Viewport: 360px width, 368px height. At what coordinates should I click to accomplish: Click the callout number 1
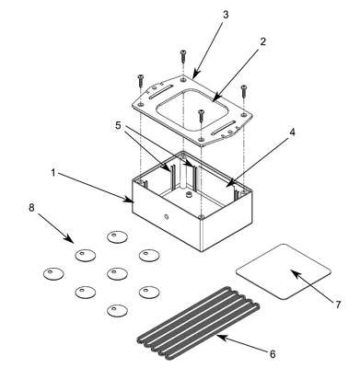[53, 173]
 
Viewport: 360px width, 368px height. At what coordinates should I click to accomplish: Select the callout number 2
[262, 41]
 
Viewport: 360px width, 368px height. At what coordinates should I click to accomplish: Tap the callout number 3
[226, 15]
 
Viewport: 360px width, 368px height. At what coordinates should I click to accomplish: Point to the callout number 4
[292, 132]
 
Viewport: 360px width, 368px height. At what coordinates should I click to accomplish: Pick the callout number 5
[120, 125]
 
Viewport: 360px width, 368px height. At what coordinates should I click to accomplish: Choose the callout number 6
[273, 354]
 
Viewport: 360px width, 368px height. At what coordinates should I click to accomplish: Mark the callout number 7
[338, 305]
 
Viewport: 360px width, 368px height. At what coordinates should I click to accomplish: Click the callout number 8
[31, 207]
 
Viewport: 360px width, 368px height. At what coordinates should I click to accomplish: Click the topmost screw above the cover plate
[183, 56]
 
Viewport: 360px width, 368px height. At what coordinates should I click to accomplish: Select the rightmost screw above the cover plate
[244, 91]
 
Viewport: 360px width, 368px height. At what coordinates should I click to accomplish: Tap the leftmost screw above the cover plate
[141, 80]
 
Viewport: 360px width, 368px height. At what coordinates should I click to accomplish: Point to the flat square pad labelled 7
[284, 271]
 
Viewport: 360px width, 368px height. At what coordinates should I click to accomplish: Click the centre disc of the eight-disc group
[118, 273]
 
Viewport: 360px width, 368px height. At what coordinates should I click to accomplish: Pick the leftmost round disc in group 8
[54, 273]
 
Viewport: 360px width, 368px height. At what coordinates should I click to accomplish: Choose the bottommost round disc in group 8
[118, 310]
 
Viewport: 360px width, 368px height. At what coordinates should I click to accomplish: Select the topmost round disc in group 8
[118, 236]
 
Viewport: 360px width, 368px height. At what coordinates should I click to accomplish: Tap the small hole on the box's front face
[166, 217]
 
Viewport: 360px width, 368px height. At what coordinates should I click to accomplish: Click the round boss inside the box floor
[188, 194]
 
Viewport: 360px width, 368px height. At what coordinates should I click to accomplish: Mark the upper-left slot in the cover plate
[159, 93]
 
